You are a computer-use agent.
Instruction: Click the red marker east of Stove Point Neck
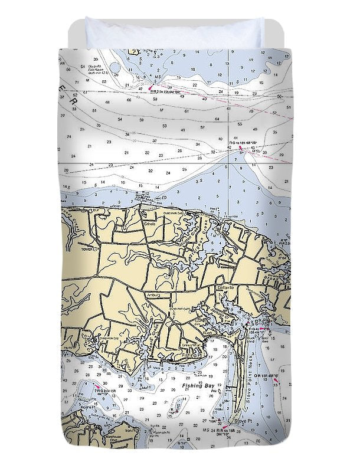pyautogui.click(x=275, y=382)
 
